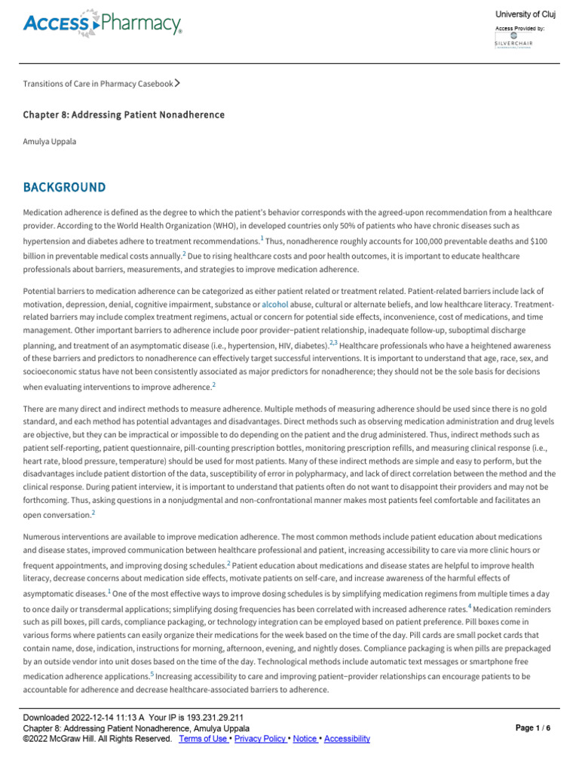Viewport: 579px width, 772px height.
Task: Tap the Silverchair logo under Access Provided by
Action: click(x=513, y=40)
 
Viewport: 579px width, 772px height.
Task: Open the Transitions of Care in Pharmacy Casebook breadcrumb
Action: click(x=98, y=84)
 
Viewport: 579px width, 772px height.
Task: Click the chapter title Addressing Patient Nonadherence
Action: click(x=124, y=115)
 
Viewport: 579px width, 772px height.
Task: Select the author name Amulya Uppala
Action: click(x=51, y=142)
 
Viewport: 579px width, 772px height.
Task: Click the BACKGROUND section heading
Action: click(x=64, y=187)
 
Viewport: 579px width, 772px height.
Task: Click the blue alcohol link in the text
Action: click(x=274, y=303)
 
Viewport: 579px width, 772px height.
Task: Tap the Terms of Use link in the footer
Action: click(x=203, y=739)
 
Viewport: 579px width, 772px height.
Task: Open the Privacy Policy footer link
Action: click(x=260, y=739)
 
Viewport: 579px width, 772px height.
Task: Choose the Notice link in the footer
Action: click(x=305, y=739)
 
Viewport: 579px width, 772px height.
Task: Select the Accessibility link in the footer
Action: click(x=347, y=739)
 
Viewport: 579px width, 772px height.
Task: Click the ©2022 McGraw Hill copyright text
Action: click(x=96, y=739)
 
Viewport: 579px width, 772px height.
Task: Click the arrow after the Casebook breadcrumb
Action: click(x=177, y=83)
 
